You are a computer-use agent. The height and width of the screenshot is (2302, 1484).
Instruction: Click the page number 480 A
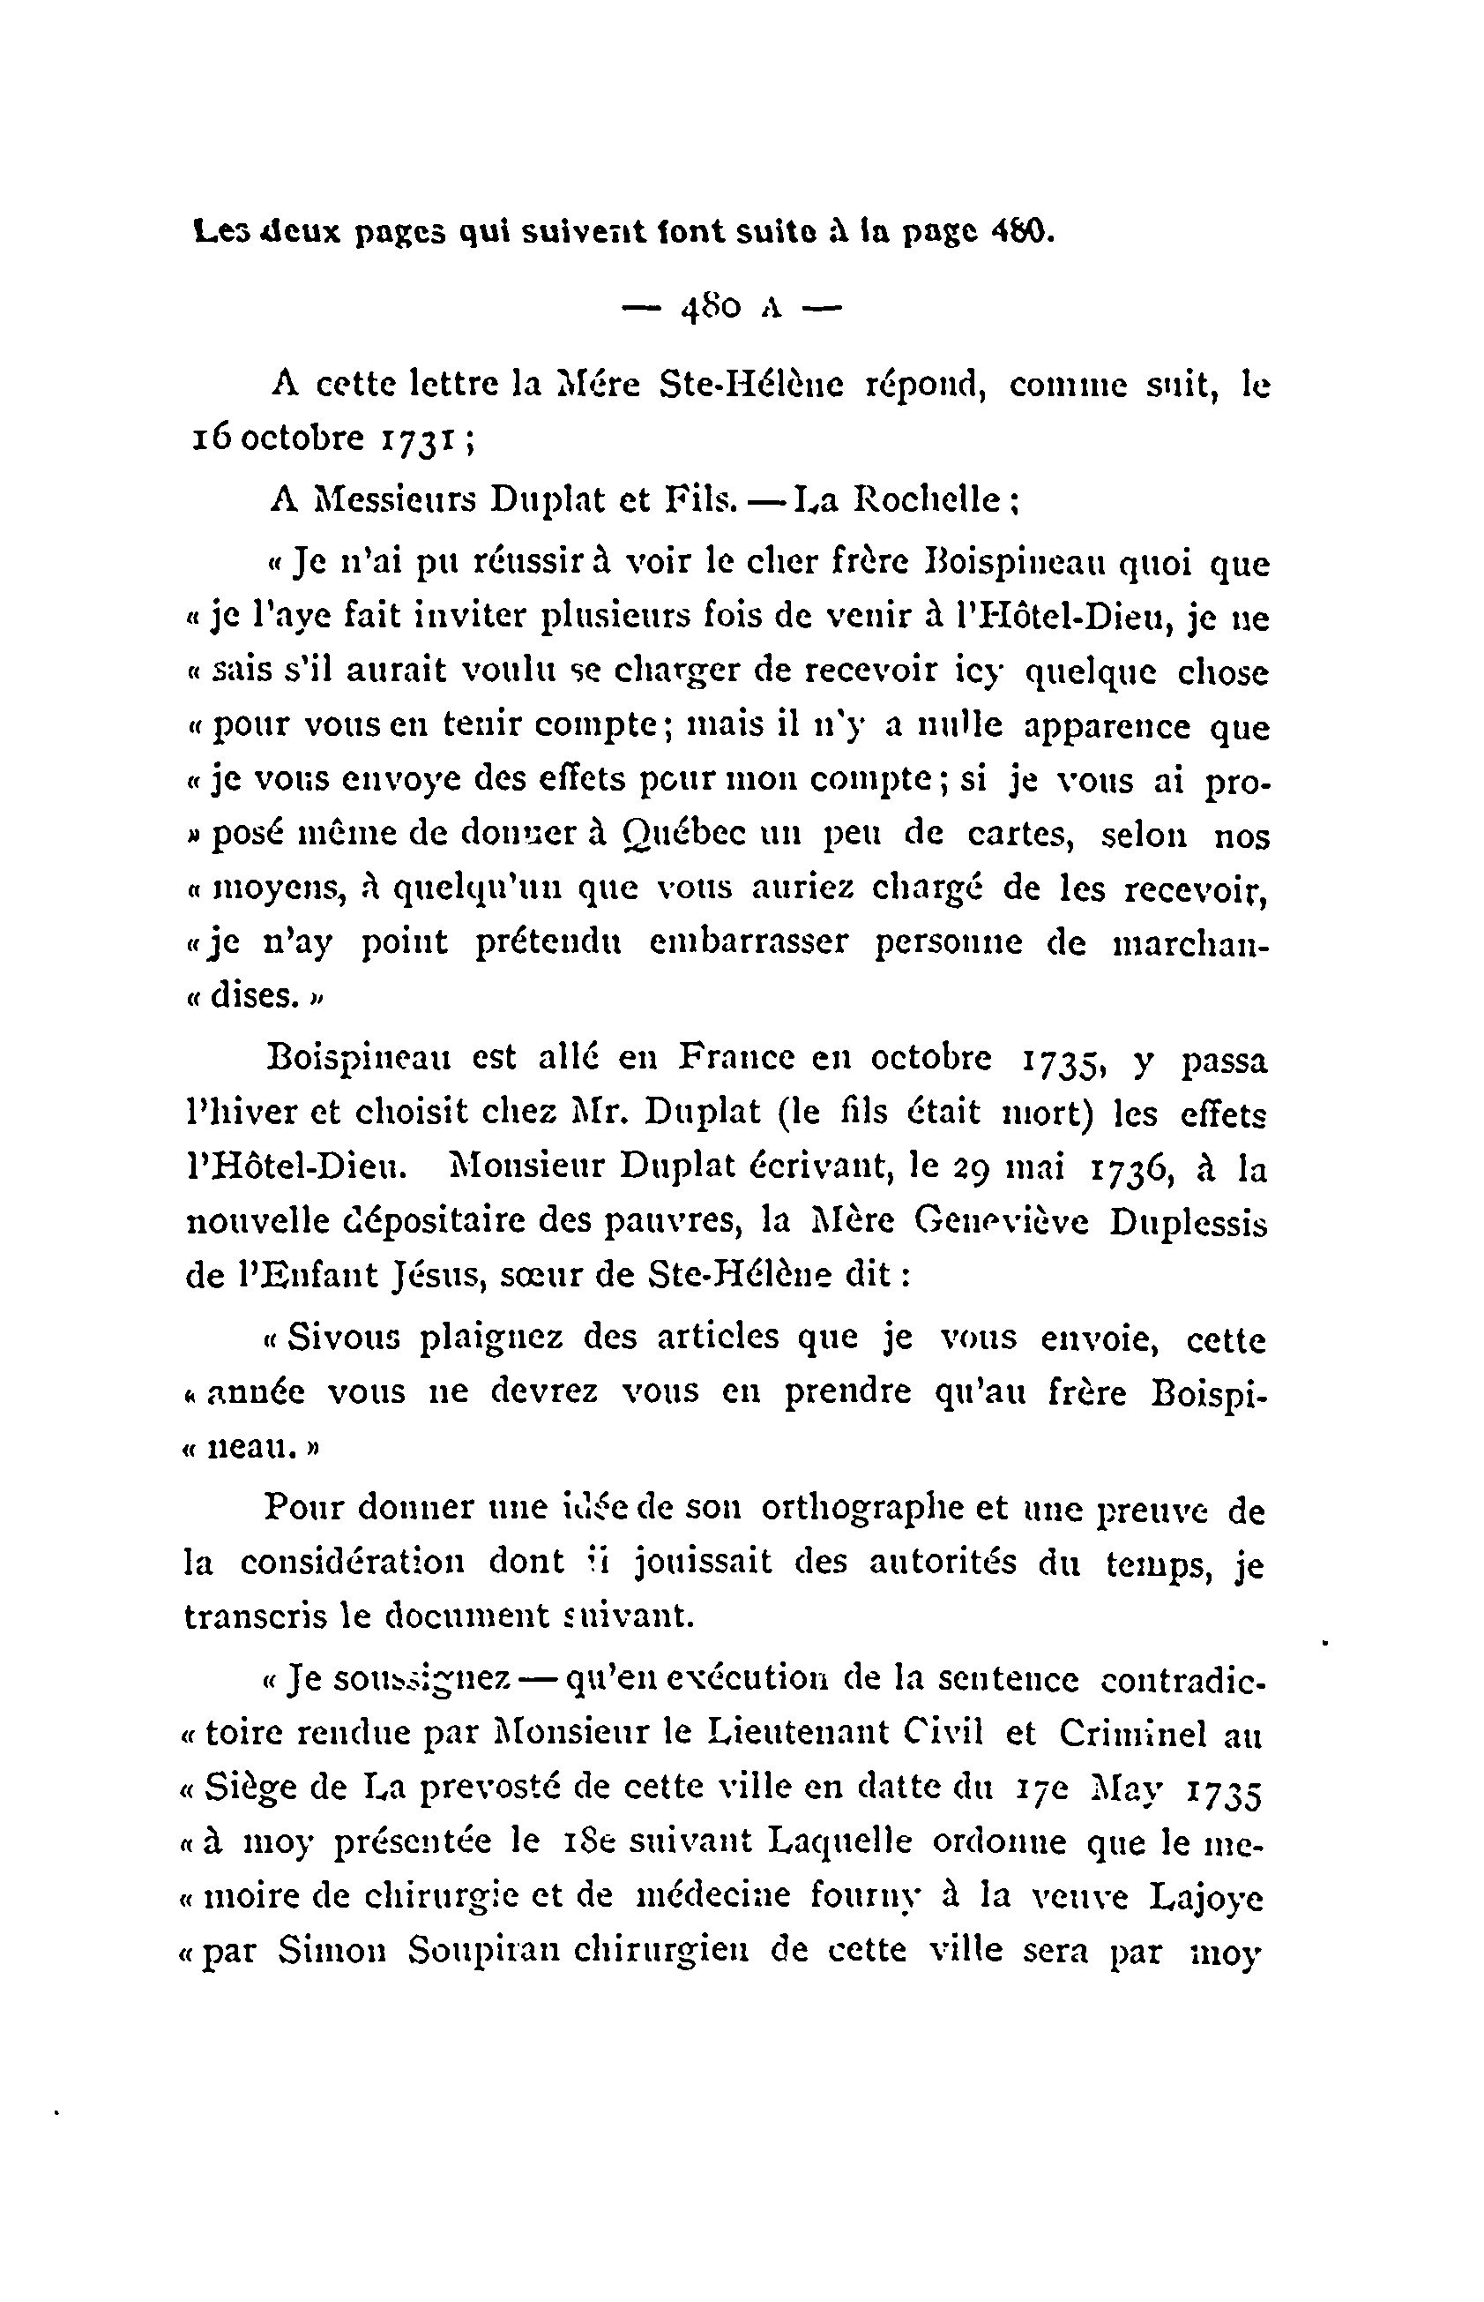(x=731, y=308)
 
